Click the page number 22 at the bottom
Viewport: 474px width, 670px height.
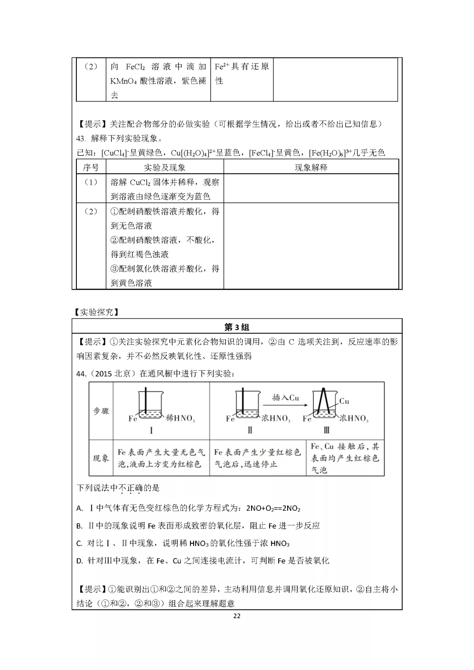(x=237, y=616)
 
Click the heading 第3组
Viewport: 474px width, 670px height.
(x=237, y=327)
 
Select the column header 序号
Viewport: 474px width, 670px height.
(x=91, y=167)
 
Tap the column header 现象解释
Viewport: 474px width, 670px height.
(x=311, y=167)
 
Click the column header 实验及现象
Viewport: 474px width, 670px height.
(x=165, y=167)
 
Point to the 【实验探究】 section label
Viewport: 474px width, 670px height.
(x=97, y=312)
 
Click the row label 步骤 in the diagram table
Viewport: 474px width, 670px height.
(x=101, y=411)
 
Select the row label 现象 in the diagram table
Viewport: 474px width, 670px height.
(x=101, y=458)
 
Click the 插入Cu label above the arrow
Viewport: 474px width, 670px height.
(x=285, y=398)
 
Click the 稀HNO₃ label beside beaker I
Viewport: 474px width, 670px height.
(x=180, y=419)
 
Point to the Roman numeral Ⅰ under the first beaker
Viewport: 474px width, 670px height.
(x=151, y=430)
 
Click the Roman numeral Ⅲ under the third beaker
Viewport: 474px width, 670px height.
(x=327, y=430)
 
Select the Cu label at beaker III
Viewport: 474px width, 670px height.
(x=344, y=401)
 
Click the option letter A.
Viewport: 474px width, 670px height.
(x=79, y=509)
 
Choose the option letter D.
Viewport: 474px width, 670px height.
(x=79, y=561)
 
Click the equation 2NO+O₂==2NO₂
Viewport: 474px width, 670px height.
(x=273, y=509)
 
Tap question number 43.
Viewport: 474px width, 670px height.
(x=81, y=139)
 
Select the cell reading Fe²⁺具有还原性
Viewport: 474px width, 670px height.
(x=241, y=73)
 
